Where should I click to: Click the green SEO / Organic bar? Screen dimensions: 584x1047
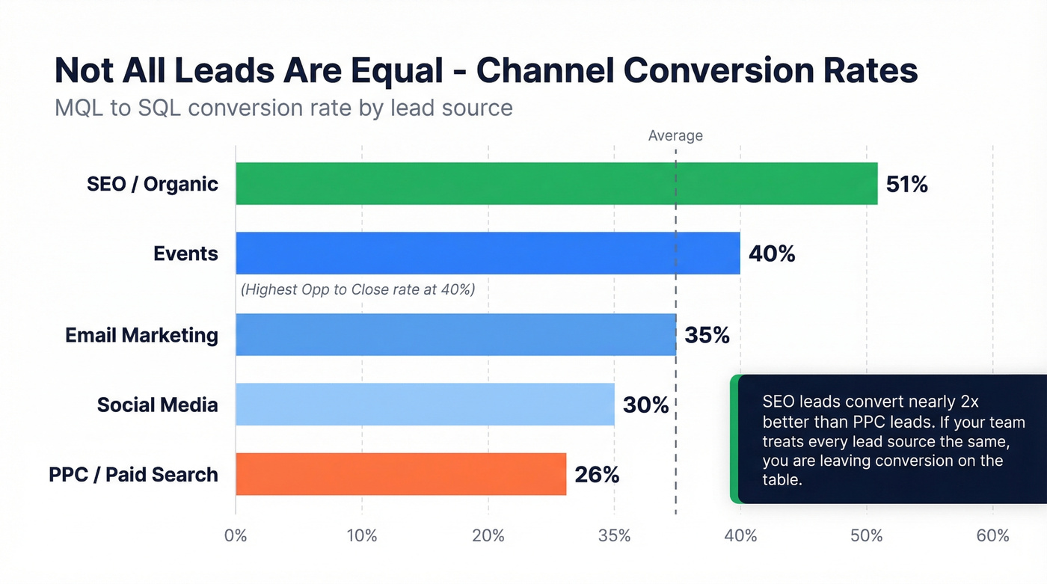click(556, 183)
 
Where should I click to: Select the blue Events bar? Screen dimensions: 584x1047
click(488, 253)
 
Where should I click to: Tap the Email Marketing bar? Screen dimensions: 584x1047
click(455, 334)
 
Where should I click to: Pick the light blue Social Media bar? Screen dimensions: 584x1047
click(425, 405)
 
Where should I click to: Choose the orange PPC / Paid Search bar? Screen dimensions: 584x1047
click(401, 474)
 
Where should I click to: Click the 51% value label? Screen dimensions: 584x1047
click(906, 184)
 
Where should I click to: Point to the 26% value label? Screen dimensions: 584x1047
click(597, 475)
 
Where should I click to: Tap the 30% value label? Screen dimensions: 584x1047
click(645, 405)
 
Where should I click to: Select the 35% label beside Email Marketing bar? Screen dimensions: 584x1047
click(707, 335)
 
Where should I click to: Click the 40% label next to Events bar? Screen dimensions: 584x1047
click(772, 253)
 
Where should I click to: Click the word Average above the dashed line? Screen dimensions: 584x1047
click(675, 135)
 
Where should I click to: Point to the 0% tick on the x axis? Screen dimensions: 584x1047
click(236, 535)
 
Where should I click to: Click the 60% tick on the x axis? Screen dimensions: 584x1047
click(992, 535)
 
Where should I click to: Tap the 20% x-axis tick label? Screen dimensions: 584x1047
click(488, 535)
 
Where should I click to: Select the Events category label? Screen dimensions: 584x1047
click(185, 253)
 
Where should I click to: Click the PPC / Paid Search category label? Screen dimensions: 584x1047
click(133, 475)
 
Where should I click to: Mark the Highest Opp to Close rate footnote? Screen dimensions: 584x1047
click(357, 289)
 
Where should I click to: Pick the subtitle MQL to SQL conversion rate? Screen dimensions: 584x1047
click(283, 108)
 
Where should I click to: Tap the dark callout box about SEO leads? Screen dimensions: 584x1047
click(890, 439)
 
